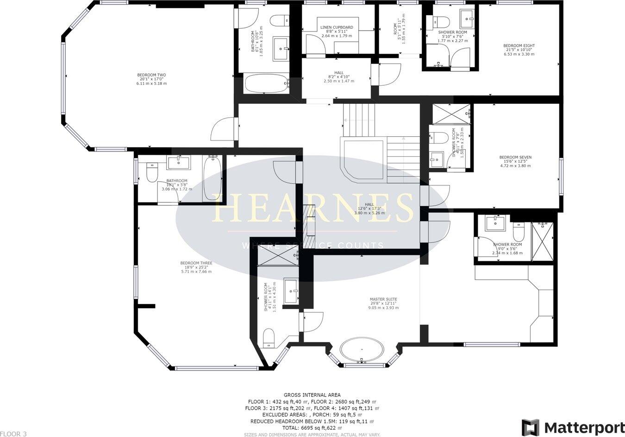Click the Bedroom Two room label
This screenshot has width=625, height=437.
pos(151,79)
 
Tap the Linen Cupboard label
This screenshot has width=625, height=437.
pos(337,32)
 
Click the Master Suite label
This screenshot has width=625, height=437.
pos(383,304)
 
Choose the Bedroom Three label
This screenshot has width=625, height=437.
pos(196,267)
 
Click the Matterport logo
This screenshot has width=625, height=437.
pos(573,427)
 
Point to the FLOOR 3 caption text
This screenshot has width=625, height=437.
pos(13,434)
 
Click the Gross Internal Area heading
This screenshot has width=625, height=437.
pos(312,395)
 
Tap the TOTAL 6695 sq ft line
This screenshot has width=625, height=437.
pos(312,429)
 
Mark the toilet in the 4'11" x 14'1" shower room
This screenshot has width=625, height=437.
pos(269,338)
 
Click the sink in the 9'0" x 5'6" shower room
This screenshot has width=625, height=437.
pos(495,224)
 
